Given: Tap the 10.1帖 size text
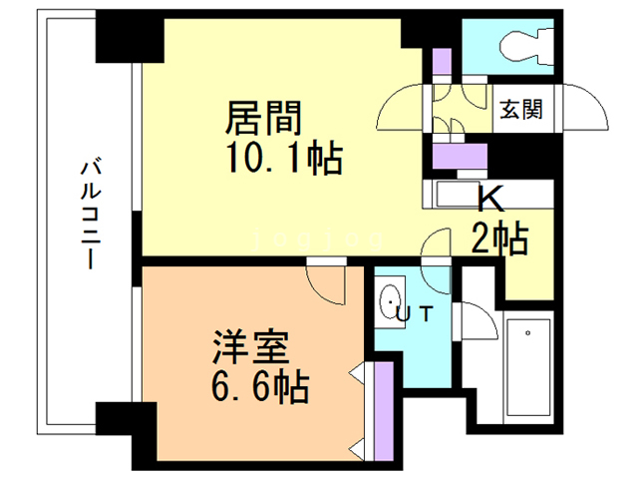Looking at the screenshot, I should tap(282, 157).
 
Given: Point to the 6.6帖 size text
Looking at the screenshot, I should tap(257, 383).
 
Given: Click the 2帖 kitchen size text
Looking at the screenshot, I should tap(498, 239).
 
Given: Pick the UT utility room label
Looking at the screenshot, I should tap(415, 313).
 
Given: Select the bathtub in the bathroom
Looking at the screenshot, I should tap(527, 365).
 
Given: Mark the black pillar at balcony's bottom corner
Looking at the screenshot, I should tap(124, 429).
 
